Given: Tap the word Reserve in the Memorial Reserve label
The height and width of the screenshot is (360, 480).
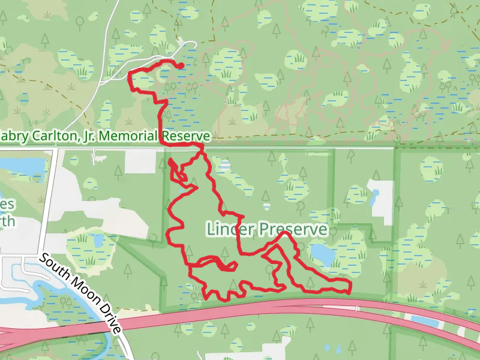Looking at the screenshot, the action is tap(185, 137).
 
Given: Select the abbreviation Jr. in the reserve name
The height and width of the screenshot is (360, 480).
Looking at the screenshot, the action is tap(87, 137).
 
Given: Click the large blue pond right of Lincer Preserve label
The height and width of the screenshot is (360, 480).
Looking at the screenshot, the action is tap(323, 254).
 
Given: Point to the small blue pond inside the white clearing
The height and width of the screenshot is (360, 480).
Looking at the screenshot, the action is tap(376, 195).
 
